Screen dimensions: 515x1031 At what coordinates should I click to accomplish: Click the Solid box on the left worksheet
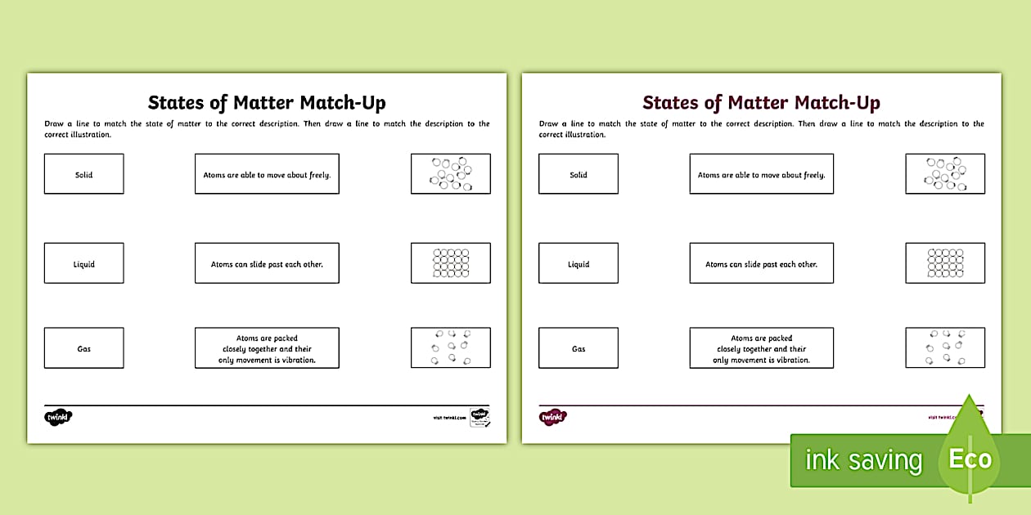(83, 174)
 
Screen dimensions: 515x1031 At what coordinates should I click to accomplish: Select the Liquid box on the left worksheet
(83, 263)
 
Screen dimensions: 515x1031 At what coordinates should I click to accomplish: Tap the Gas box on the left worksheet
(83, 348)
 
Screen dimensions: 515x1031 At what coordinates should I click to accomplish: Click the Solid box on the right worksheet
(578, 174)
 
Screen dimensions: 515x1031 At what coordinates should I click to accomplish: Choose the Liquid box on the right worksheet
(578, 263)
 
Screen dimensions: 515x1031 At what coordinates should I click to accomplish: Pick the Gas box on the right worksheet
(578, 348)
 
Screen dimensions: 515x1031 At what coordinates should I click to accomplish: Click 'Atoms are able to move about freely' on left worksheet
(267, 174)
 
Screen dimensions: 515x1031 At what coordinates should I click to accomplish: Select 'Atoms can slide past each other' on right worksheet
(761, 263)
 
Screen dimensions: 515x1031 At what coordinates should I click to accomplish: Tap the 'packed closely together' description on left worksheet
(267, 348)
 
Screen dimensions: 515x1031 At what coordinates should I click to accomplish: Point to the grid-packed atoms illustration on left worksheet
(450, 263)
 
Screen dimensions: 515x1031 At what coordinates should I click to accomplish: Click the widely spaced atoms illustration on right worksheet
(945, 348)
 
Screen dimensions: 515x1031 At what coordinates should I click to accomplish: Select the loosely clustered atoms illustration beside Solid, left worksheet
(450, 174)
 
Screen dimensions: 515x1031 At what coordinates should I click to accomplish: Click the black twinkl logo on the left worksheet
(58, 417)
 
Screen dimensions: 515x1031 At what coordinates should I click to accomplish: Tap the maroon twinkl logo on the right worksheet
(553, 417)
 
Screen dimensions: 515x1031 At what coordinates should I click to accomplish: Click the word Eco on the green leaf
(970, 459)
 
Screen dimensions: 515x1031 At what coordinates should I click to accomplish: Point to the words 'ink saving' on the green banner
(863, 460)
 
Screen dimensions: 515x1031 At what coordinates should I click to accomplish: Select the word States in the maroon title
(670, 103)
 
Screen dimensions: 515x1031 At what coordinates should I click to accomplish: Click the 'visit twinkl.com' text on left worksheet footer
(449, 418)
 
